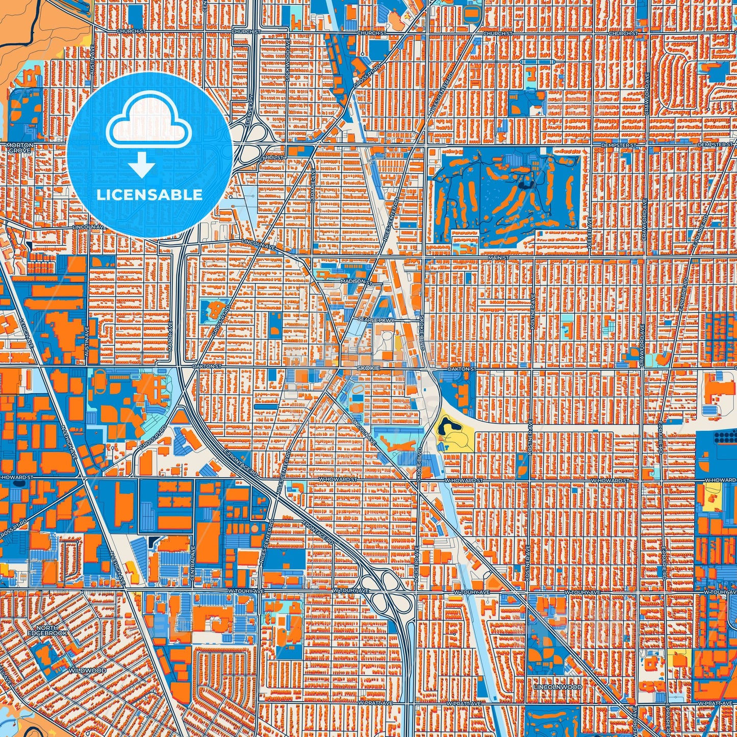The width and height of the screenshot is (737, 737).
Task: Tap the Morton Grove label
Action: click(x=20, y=148)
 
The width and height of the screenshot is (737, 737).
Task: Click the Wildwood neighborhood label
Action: click(x=87, y=670)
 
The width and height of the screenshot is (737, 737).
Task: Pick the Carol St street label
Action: click(x=272, y=158)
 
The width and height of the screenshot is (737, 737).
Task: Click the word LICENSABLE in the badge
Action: click(x=149, y=194)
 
